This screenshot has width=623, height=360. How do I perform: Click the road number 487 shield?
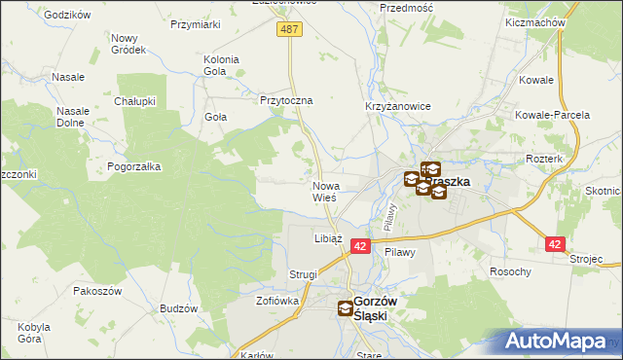point(290,30)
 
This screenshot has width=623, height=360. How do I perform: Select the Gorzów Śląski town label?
point(384,308)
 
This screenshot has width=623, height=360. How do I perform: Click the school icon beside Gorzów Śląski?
point(347,309)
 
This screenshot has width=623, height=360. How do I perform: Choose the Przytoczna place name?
point(285,100)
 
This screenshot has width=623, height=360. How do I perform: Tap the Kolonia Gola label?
point(221,65)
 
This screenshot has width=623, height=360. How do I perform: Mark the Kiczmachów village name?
point(536,21)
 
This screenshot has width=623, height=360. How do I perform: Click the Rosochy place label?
point(510,271)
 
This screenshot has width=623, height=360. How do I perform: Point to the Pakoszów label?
point(96,291)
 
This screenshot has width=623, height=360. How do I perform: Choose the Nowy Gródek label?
point(128,44)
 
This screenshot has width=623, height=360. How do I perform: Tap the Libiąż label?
point(327,237)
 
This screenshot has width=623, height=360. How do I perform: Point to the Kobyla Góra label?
point(34,333)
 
